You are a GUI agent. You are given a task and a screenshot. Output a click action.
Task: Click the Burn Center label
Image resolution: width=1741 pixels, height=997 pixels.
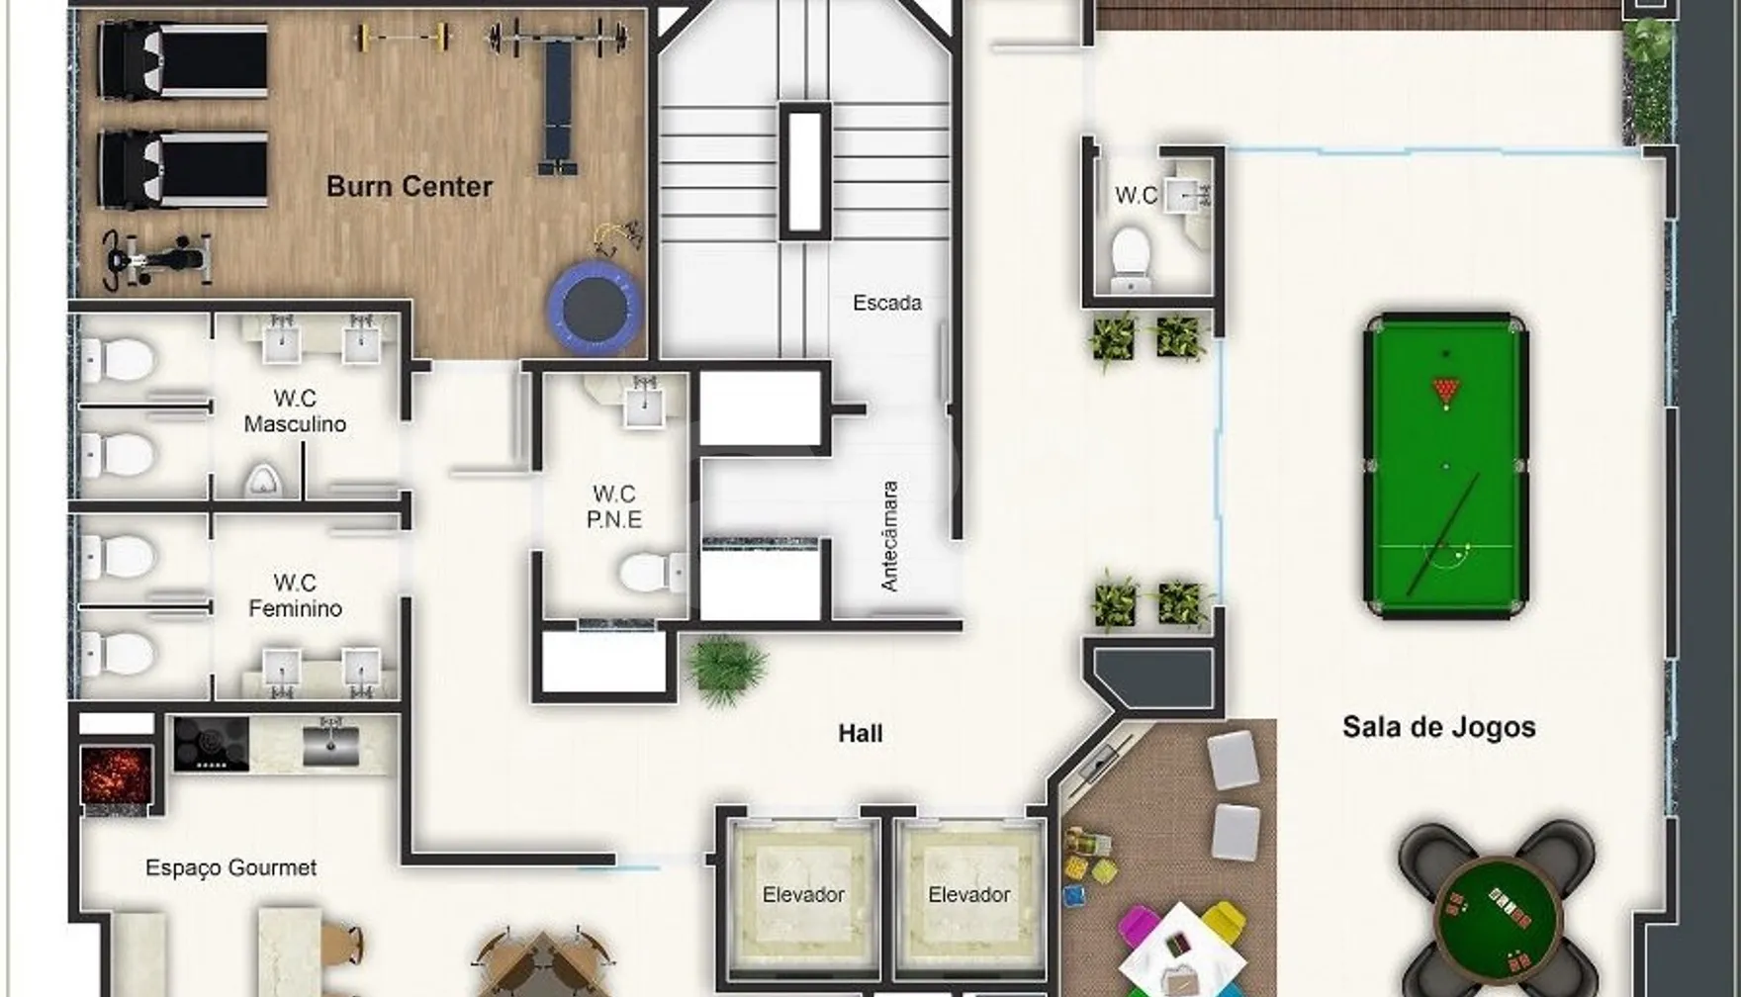[x=410, y=187]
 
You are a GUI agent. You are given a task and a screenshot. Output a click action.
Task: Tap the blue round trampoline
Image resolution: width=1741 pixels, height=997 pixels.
[x=596, y=308]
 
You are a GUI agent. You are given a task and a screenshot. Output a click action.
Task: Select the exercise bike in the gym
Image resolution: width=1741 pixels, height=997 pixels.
[x=158, y=259]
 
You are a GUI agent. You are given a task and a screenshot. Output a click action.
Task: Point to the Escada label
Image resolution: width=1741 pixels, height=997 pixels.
[x=887, y=303]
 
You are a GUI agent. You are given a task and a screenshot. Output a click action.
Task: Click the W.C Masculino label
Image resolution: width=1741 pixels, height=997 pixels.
[x=295, y=411]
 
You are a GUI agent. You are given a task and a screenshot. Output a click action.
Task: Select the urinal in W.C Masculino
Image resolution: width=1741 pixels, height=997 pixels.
[x=263, y=481]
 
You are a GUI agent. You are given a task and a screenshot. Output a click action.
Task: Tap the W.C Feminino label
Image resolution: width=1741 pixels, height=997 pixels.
[x=295, y=595]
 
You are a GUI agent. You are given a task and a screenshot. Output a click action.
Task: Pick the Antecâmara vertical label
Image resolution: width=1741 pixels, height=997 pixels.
[x=889, y=536]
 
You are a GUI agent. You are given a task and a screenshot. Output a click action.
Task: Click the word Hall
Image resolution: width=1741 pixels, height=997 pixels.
[x=861, y=734]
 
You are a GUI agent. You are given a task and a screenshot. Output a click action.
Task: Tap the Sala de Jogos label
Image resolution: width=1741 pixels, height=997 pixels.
[x=1439, y=727]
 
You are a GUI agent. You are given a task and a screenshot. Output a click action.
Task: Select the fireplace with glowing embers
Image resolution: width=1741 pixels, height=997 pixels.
[x=117, y=776]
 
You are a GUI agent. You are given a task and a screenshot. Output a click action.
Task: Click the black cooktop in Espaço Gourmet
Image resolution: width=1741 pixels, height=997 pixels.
[x=212, y=744]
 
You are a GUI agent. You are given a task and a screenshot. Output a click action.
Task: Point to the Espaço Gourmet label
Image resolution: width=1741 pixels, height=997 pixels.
[x=231, y=867]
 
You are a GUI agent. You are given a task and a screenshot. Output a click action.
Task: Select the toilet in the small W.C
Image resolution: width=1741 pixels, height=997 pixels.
[x=1132, y=257]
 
